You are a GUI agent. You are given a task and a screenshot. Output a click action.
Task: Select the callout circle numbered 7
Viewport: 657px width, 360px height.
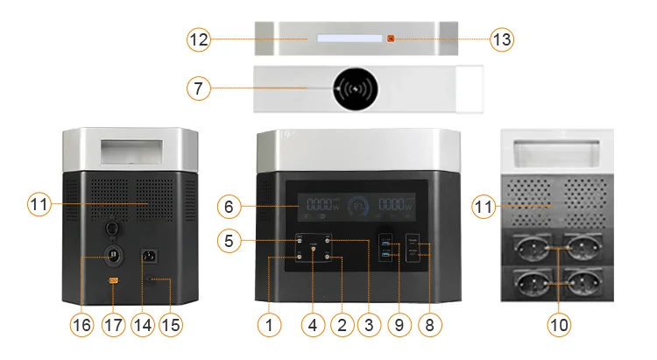(199, 88)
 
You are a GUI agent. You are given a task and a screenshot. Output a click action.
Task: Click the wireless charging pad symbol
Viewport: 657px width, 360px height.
(355, 88)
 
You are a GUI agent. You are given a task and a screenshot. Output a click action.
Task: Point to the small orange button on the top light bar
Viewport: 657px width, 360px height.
(392, 39)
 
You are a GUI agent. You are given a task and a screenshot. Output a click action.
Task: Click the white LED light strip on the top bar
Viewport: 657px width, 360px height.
(349, 39)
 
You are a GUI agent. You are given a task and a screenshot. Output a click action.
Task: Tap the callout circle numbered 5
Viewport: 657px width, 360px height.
(230, 238)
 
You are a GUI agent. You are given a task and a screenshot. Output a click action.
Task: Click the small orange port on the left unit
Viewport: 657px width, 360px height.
(112, 281)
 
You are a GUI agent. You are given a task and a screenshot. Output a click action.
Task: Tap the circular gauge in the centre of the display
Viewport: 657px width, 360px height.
(359, 208)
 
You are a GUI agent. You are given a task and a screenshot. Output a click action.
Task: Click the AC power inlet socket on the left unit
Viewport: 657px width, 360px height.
(149, 257)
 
